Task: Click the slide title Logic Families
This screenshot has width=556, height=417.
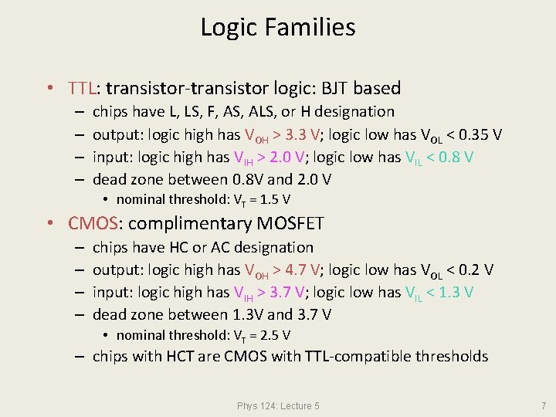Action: (x=278, y=28)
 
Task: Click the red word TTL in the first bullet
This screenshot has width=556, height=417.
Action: (x=83, y=89)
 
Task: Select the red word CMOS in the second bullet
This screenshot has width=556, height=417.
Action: (x=93, y=224)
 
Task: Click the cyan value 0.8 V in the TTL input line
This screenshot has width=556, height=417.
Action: (x=455, y=158)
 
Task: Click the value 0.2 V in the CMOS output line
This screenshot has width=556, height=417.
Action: (x=473, y=270)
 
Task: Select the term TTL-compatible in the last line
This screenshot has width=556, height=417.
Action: (x=379, y=357)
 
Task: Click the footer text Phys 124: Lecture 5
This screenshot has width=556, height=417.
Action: (x=278, y=405)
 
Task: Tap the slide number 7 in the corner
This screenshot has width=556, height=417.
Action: (x=543, y=405)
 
